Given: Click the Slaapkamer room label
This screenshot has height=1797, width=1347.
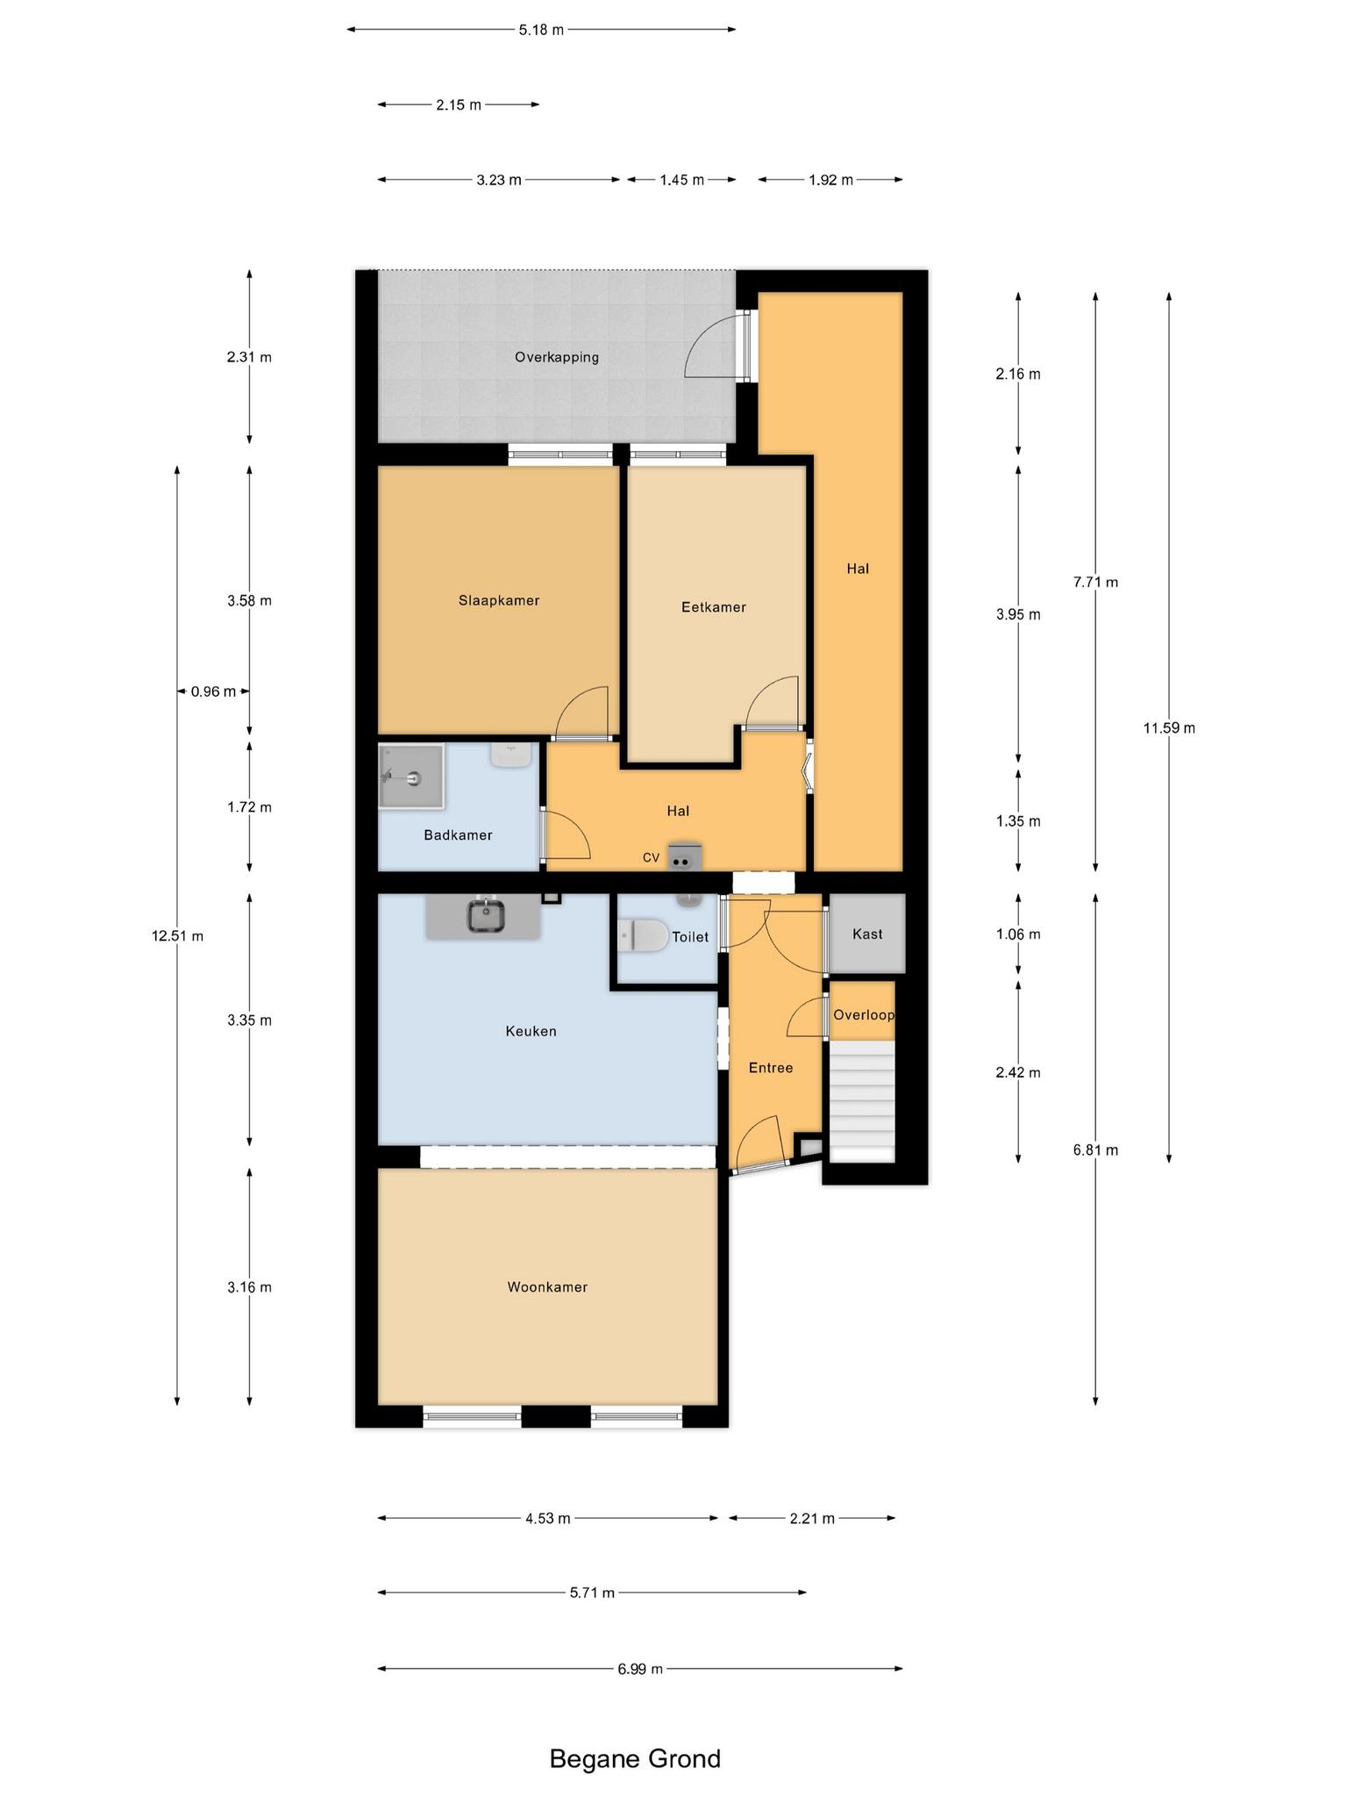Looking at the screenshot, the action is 498,600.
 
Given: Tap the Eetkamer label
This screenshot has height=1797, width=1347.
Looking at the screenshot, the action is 713,606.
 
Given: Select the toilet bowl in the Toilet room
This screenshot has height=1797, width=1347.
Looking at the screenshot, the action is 642,935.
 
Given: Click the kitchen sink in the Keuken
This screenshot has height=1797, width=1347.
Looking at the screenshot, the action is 486,915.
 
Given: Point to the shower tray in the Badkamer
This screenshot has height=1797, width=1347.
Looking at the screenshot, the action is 411,777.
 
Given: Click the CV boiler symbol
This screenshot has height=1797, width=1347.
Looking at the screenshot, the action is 682,856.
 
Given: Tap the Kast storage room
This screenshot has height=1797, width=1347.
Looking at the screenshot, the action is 867,934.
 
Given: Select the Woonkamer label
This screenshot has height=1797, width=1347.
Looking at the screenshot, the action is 547,1287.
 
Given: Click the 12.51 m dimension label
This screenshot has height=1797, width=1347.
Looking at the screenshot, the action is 177,936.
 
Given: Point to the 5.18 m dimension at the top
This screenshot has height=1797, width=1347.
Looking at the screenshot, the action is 541,30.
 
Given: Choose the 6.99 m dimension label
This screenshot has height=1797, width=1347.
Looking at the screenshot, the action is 639,1669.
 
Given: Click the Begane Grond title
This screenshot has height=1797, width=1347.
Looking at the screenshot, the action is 635,1758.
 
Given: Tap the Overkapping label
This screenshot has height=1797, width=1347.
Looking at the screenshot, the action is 557,357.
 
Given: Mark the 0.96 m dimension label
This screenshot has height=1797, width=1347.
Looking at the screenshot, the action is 213,691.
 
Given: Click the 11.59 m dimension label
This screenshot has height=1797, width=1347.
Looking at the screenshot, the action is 1169,727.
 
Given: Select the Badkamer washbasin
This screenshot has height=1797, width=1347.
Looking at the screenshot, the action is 512,755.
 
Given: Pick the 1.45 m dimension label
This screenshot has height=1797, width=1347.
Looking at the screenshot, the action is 681,180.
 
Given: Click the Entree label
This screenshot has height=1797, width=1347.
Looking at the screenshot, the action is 771,1068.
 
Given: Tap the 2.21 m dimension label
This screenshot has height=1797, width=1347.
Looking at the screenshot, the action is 811,1518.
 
